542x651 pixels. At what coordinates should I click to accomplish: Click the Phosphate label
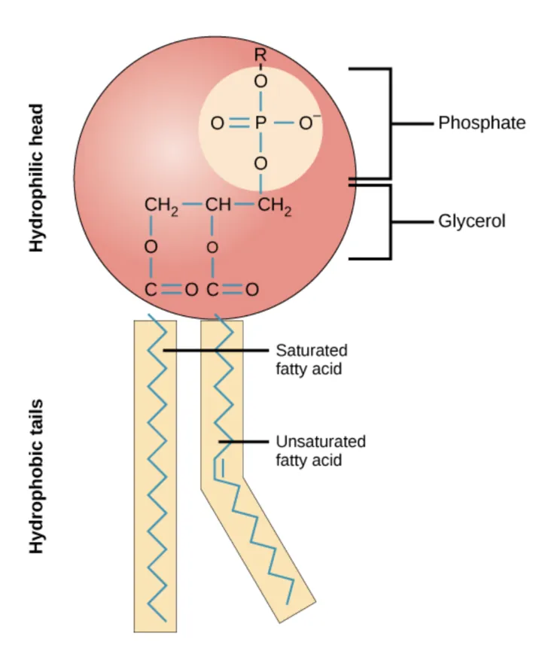(x=482, y=123)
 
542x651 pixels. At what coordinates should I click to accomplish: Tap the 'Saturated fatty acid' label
(x=312, y=359)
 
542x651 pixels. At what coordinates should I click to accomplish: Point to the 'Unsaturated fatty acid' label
(x=320, y=449)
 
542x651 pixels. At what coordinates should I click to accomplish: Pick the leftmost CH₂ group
(x=160, y=205)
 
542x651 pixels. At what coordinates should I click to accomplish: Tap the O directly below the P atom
(x=260, y=163)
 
